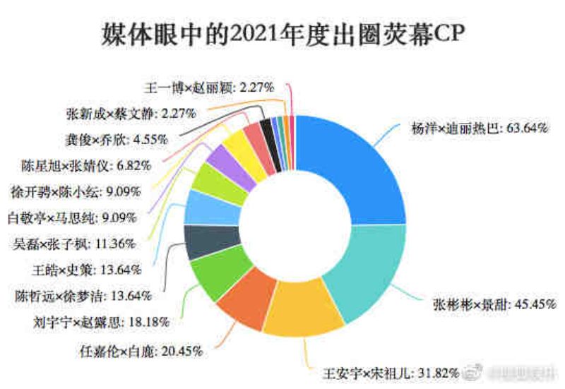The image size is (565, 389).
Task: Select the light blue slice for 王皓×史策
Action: (x=203, y=208)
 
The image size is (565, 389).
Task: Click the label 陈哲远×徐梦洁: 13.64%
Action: (x=83, y=296)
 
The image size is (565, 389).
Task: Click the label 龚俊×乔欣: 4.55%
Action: (x=111, y=139)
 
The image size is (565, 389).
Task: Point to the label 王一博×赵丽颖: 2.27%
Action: (x=204, y=88)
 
